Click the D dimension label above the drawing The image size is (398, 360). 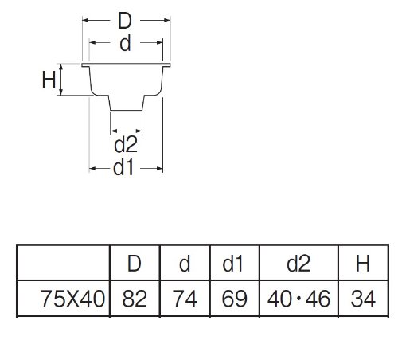click(x=125, y=21)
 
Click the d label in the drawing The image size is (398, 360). click(x=125, y=43)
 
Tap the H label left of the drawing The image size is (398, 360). click(x=49, y=80)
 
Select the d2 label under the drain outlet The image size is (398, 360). click(x=126, y=144)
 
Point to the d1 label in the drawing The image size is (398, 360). click(x=123, y=168)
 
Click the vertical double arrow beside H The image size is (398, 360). click(x=61, y=80)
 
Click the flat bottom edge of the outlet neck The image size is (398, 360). click(x=127, y=110)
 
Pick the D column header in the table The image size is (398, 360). click(x=135, y=264)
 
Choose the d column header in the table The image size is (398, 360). click(x=185, y=264)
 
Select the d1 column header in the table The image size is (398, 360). click(x=232, y=264)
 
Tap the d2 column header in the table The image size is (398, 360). click(x=298, y=264)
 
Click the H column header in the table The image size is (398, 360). click(x=363, y=264)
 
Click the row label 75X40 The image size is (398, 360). click(x=72, y=299)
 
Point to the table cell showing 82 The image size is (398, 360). click(x=135, y=299)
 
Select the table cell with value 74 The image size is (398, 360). click(x=185, y=299)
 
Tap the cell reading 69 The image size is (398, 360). click(x=235, y=299)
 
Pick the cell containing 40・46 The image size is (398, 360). click(x=299, y=299)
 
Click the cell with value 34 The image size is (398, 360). click(x=363, y=299)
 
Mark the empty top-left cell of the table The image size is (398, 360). click(x=63, y=263)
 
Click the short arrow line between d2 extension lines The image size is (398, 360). click(x=127, y=131)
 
